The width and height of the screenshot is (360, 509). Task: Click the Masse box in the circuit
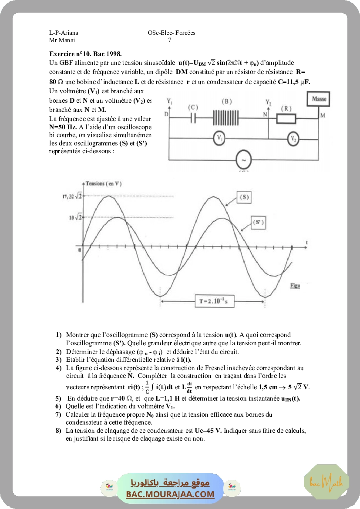click(x=319, y=99)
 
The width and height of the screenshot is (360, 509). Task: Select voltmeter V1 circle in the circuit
click(x=220, y=138)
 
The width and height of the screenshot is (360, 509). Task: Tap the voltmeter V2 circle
click(x=295, y=139)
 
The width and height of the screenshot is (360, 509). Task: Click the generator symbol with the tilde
click(x=244, y=160)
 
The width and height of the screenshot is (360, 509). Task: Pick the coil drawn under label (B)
click(x=226, y=118)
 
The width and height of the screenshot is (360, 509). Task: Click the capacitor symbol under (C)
click(x=193, y=118)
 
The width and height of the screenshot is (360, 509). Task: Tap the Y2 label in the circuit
click(x=269, y=103)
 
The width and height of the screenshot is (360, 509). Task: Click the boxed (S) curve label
click(x=244, y=197)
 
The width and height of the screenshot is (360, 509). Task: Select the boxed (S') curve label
click(x=258, y=222)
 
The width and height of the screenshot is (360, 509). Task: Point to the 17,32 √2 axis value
click(x=72, y=196)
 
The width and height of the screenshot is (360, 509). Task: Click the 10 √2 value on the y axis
click(x=75, y=217)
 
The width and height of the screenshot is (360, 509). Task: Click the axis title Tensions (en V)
click(x=104, y=184)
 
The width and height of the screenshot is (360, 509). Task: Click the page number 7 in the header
click(x=169, y=40)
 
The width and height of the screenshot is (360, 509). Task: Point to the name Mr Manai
click(x=62, y=40)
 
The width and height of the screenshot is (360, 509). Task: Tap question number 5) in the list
click(x=58, y=398)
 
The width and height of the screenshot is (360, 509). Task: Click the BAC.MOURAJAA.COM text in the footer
click(x=170, y=494)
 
